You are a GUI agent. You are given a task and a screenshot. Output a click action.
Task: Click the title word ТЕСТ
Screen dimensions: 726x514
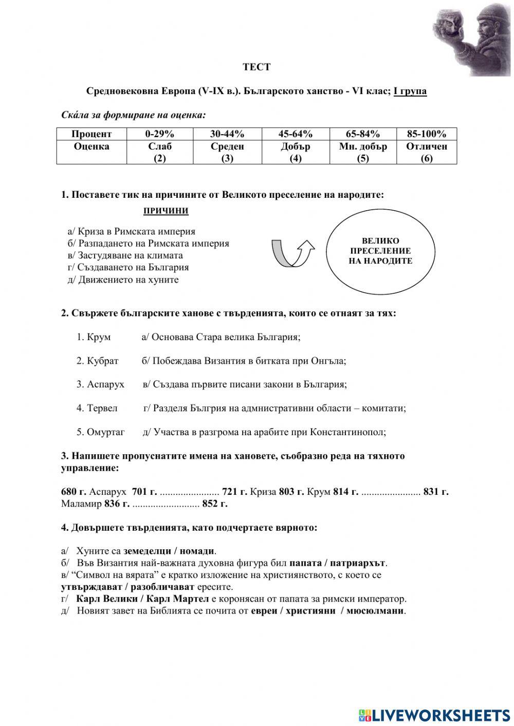pyautogui.click(x=256, y=67)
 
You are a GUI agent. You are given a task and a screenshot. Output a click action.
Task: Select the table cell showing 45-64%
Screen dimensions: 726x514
pyautogui.click(x=295, y=134)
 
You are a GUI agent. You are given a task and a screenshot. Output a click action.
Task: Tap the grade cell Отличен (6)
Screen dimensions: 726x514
pyautogui.click(x=427, y=152)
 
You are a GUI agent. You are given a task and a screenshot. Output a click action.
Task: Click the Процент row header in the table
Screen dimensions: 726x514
pyautogui.click(x=91, y=134)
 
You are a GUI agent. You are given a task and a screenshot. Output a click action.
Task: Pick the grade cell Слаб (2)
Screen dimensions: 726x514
pyautogui.click(x=160, y=152)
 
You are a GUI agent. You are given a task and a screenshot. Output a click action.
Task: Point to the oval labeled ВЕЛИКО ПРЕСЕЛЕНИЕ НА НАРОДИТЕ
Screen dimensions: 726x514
pyautogui.click(x=380, y=251)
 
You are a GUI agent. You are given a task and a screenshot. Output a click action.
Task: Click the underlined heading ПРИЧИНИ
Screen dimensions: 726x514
pyautogui.click(x=166, y=211)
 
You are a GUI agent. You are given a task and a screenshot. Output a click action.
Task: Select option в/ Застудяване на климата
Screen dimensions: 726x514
pyautogui.click(x=125, y=255)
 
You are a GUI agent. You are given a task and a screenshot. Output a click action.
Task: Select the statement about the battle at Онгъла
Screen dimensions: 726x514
pyautogui.click(x=244, y=361)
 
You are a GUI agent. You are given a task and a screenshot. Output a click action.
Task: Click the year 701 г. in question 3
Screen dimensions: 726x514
pyautogui.click(x=144, y=492)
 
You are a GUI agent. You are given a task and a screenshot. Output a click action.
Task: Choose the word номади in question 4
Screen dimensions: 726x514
pyautogui.click(x=197, y=551)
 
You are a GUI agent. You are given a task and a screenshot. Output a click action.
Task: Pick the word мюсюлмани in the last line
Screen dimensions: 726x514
pyautogui.click(x=375, y=611)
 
